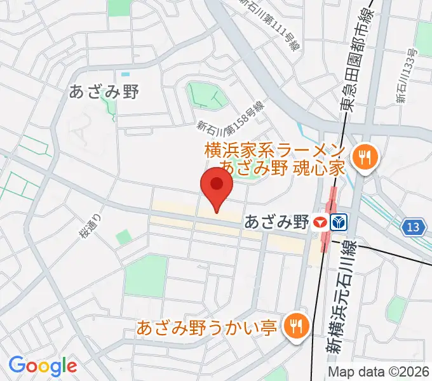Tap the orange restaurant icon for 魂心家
click(x=365, y=156)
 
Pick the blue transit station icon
click(x=339, y=222)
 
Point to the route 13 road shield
click(x=414, y=227)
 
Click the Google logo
click(x=43, y=366)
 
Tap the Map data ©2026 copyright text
click(x=379, y=371)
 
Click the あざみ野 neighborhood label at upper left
click(x=104, y=91)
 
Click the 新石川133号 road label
click(x=406, y=75)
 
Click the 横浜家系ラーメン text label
click(x=275, y=151)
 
